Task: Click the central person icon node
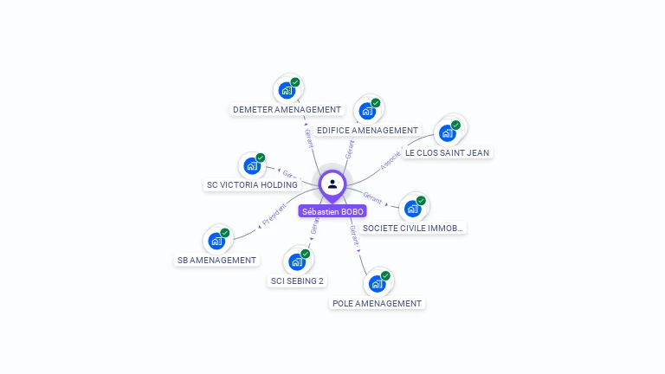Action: click(x=332, y=184)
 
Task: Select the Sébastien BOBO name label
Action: click(x=332, y=211)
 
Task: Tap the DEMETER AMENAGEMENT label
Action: click(x=287, y=110)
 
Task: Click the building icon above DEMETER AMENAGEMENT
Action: click(x=287, y=89)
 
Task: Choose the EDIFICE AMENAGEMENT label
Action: click(x=367, y=131)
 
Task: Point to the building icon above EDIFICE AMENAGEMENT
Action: click(x=367, y=110)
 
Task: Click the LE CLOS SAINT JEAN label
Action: click(x=447, y=153)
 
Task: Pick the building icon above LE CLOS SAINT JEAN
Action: click(x=448, y=132)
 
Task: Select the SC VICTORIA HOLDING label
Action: click(x=252, y=184)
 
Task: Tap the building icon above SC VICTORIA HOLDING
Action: click(x=252, y=164)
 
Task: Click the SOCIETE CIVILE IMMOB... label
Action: click(x=413, y=229)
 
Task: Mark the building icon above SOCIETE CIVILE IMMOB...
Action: click(x=413, y=207)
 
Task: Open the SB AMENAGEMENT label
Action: click(x=216, y=260)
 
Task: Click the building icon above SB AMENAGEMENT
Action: click(x=216, y=240)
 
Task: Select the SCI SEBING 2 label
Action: click(x=297, y=280)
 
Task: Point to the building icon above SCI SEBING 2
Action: click(x=297, y=261)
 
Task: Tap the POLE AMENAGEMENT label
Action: click(x=377, y=304)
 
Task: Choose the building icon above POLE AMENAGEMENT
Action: click(x=377, y=283)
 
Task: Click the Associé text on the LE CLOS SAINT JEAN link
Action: click(x=392, y=160)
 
